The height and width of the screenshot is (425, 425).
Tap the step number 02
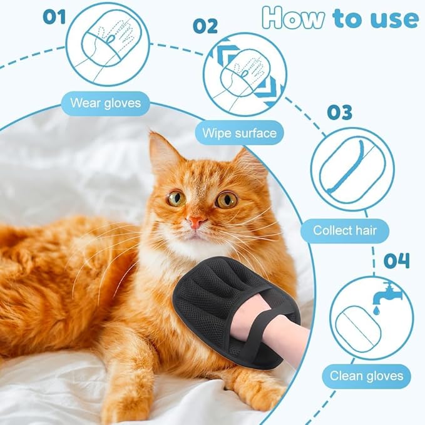[205, 26]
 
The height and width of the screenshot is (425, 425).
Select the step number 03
[339, 112]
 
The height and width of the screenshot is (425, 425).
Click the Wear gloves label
[105, 102]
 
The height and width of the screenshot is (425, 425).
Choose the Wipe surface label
[239, 133]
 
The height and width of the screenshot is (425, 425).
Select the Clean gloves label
[367, 377]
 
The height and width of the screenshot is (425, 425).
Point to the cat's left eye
[176, 198]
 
